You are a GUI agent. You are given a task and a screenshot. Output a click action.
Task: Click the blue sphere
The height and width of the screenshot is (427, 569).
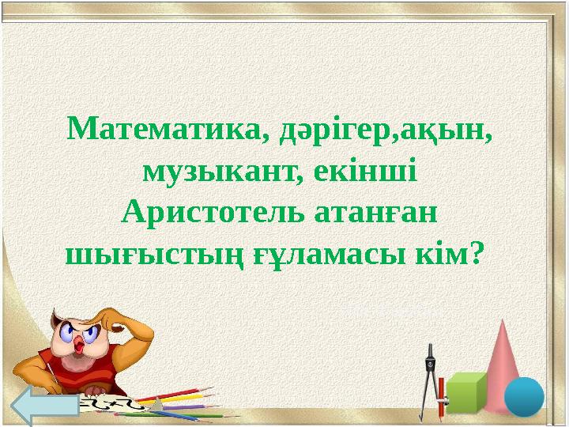point(524,395)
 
